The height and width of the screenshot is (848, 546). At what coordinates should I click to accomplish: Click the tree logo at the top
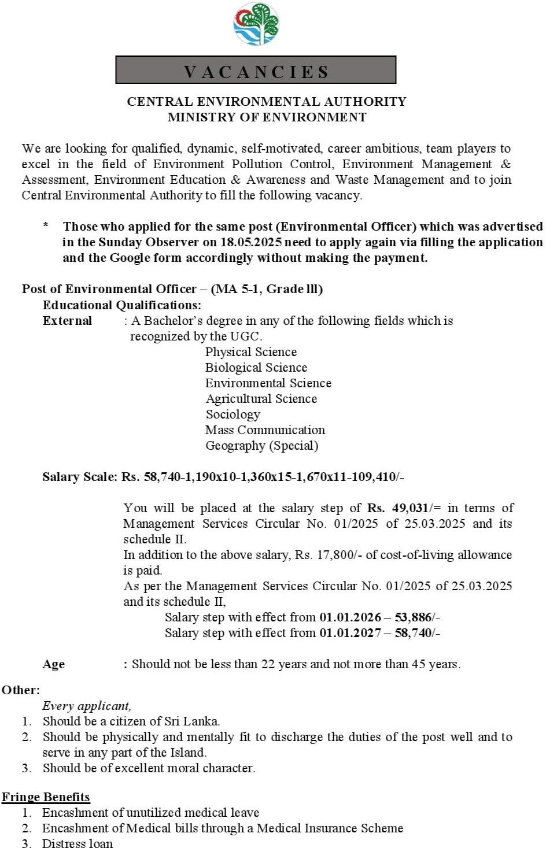[256, 24]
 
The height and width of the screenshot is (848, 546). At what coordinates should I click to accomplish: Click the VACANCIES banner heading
[256, 71]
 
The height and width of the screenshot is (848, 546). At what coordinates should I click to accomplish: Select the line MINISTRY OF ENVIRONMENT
[267, 117]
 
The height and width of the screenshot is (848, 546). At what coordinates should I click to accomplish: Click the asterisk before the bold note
[46, 225]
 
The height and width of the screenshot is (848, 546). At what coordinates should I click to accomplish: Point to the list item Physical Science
[250, 352]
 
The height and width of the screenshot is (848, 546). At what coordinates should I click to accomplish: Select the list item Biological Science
[256, 368]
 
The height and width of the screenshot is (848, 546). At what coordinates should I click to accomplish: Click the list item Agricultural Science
[261, 399]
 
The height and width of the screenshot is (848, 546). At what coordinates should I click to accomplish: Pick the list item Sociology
[233, 414]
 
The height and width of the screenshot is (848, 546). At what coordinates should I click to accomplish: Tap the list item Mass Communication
[265, 430]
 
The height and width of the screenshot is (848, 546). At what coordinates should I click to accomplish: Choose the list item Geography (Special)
[261, 446]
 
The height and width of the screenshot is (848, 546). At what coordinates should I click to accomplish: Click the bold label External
[67, 321]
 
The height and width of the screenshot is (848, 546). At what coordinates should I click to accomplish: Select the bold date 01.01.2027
[350, 633]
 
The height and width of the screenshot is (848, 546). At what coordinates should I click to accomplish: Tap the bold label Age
[53, 664]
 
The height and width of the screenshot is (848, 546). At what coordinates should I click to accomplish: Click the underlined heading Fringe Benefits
[46, 797]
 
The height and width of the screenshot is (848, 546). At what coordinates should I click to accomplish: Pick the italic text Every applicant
[87, 706]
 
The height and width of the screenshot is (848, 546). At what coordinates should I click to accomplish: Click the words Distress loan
[78, 843]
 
